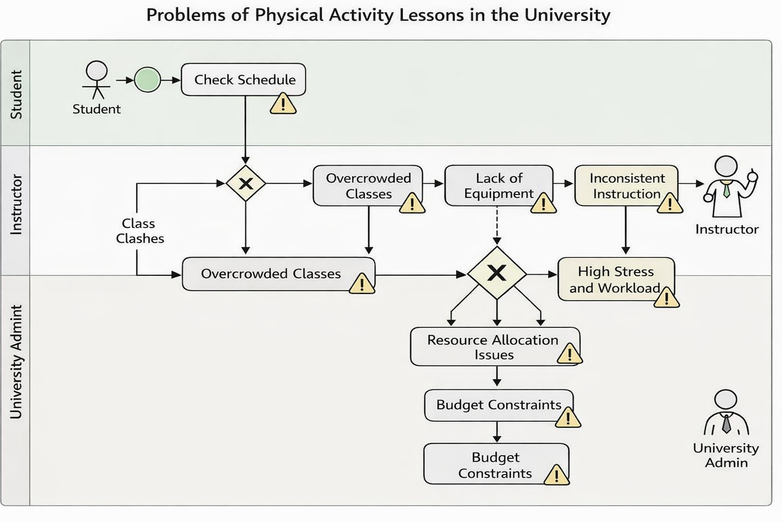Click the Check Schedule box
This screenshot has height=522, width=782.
click(x=243, y=80)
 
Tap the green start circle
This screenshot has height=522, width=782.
click(x=147, y=80)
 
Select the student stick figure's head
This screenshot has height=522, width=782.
click(x=97, y=71)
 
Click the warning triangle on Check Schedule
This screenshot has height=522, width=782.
click(x=283, y=103)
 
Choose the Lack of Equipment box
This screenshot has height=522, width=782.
click(x=499, y=186)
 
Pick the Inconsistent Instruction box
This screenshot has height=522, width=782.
click(x=627, y=186)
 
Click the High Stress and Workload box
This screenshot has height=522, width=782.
click(x=617, y=279)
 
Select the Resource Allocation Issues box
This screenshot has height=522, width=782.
click(x=495, y=347)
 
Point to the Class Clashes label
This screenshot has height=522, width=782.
click(x=139, y=231)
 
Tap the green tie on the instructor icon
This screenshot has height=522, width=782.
click(x=727, y=190)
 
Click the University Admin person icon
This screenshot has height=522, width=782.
click(x=726, y=412)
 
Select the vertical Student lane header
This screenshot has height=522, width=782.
click(x=16, y=94)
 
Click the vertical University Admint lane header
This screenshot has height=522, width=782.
click(x=16, y=362)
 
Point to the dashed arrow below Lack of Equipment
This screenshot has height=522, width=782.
click(x=497, y=225)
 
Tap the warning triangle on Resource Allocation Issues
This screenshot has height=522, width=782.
click(x=570, y=354)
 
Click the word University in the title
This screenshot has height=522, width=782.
click(x=567, y=15)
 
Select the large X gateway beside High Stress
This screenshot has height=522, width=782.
click(x=497, y=273)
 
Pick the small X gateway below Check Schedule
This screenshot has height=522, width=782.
click(x=246, y=184)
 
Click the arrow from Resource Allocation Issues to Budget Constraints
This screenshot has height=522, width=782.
click(x=497, y=376)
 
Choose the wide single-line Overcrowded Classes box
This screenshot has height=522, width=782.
click(x=278, y=274)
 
